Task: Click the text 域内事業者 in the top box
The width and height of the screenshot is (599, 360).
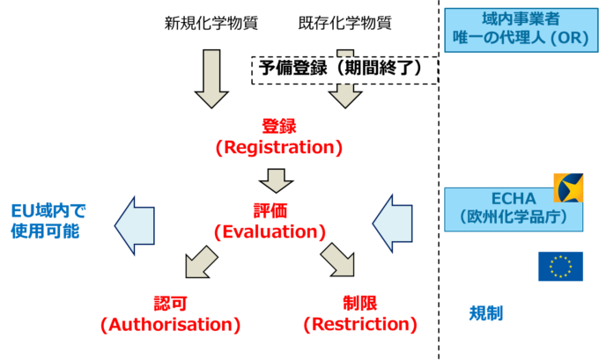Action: [x=514, y=19]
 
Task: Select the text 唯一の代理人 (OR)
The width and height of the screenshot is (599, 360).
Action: [x=514, y=40]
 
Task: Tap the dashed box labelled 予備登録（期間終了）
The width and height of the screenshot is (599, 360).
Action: [x=344, y=69]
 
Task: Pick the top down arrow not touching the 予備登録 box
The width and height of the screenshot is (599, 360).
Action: [x=211, y=78]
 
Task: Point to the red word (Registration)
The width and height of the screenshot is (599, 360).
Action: [x=278, y=147]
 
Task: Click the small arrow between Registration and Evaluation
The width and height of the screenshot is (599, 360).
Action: [x=277, y=180]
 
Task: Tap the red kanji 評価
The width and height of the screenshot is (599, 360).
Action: [x=270, y=211]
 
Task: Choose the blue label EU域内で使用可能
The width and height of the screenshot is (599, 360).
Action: [x=50, y=221]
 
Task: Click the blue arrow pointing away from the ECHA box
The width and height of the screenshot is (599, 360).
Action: [x=393, y=224]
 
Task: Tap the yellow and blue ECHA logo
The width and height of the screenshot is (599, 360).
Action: [x=568, y=187]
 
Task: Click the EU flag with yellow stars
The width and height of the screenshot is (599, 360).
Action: [x=560, y=266]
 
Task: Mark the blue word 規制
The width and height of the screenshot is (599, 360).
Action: [x=485, y=312]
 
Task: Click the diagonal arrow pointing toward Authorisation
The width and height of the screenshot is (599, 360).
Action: [x=202, y=261]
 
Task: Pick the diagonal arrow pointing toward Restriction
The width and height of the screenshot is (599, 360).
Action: [x=337, y=261]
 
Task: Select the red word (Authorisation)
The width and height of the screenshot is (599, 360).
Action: [x=171, y=324]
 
